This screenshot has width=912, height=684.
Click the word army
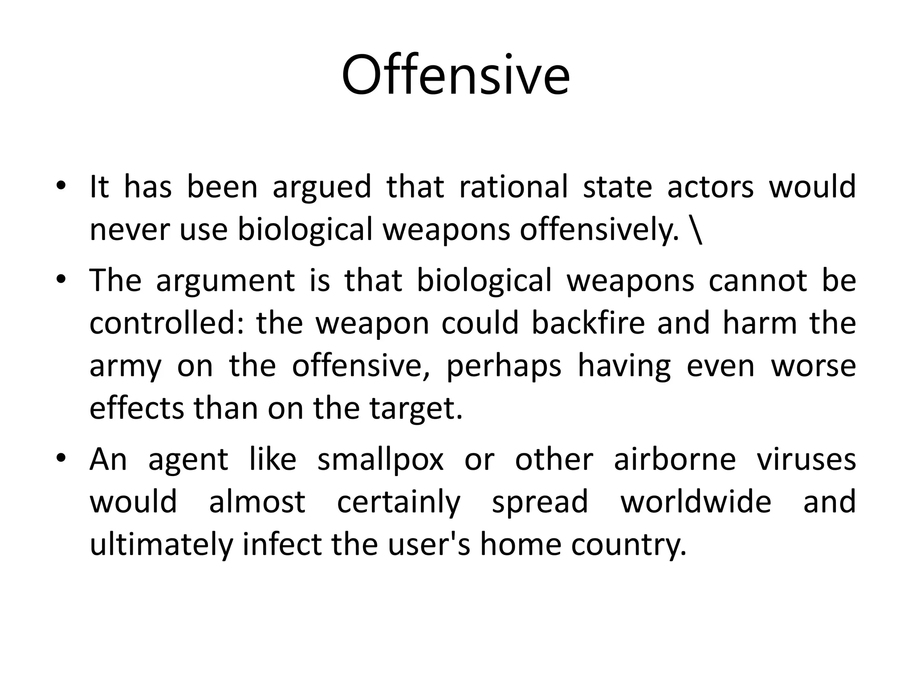[x=126, y=366]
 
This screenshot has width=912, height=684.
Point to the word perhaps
[x=504, y=366]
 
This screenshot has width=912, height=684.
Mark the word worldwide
[x=696, y=501]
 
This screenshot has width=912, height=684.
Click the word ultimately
[x=161, y=544]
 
